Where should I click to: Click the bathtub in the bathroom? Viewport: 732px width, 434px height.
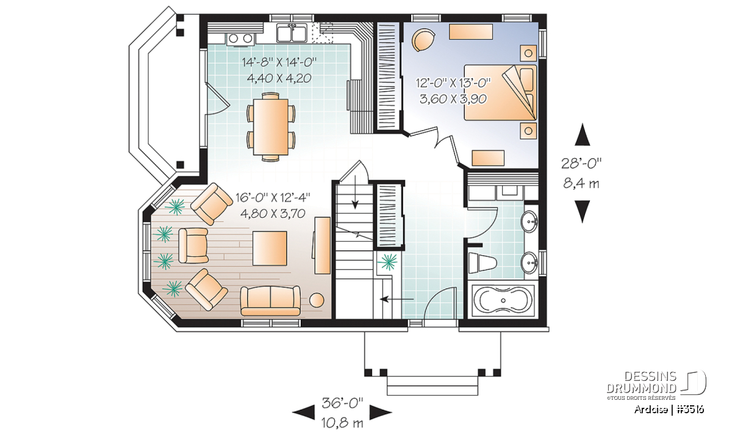pos(503,301)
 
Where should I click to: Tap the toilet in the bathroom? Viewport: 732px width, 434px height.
pos(483,263)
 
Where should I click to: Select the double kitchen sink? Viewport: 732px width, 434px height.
pos(292,34)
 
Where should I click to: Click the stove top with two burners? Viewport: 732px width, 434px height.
pos(240,38)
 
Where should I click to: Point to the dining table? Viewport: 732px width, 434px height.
pos(271,127)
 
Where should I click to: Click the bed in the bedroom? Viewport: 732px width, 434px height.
pos(500,93)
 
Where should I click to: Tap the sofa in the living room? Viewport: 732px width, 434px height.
pos(270,300)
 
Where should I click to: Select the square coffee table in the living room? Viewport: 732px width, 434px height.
pos(270,248)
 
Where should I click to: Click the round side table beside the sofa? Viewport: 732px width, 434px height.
pos(317,300)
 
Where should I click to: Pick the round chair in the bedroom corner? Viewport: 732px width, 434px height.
pos(423,40)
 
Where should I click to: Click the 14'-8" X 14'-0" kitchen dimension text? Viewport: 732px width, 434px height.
pos(279,62)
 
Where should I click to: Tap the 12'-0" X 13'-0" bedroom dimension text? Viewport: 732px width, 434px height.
pos(453,83)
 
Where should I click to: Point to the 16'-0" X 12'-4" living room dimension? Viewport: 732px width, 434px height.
pos(273,198)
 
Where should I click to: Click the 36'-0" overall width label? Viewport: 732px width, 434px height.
pos(342,403)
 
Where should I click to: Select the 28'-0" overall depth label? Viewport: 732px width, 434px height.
pos(581,163)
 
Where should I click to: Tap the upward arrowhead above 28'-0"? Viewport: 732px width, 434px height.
pos(583,134)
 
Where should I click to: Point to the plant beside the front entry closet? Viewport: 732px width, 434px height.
pos(387,262)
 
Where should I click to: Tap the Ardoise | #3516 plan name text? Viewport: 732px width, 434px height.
pos(669,409)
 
